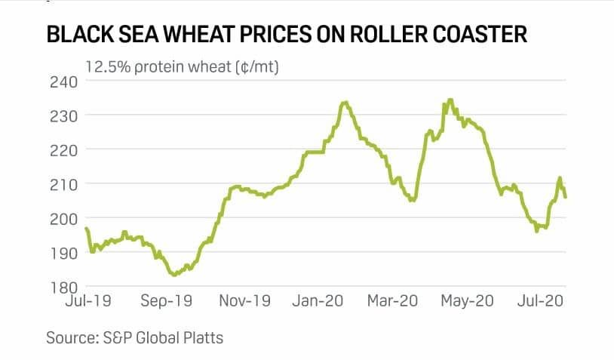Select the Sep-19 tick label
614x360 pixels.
click(167, 300)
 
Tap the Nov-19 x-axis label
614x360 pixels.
click(244, 300)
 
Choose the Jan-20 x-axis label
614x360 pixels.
click(318, 300)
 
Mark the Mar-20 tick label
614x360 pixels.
click(392, 300)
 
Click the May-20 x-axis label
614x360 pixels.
click(467, 300)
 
